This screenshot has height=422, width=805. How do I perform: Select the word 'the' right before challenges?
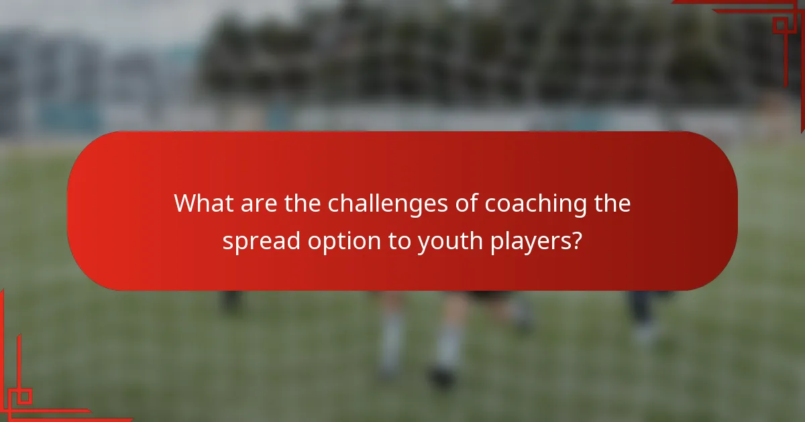pos(303,204)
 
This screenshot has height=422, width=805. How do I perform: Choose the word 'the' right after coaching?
pos(612,204)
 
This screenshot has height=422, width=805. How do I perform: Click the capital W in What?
pos(187,204)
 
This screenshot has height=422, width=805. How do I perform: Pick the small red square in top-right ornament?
pos(780,25)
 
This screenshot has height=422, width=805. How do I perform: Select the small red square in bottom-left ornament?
pos(25,396)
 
